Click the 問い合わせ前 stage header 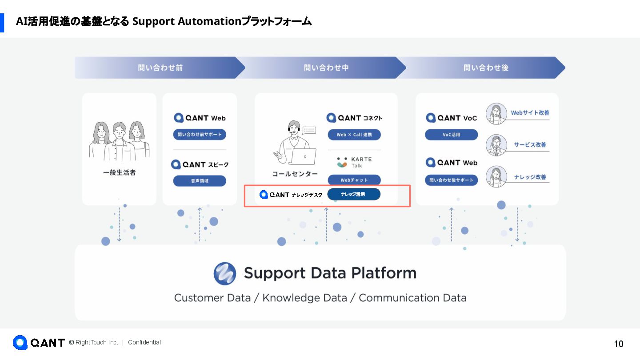click(x=160, y=68)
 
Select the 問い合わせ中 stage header click(x=326, y=68)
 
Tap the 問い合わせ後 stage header click(x=486, y=68)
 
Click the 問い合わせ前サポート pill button click(x=200, y=135)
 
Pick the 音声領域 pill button click(x=200, y=181)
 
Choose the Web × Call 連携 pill click(x=354, y=135)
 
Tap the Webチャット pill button click(x=354, y=180)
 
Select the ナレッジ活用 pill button click(x=354, y=194)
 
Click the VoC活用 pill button click(x=451, y=135)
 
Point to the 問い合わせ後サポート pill click(x=451, y=180)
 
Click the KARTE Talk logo click(x=354, y=162)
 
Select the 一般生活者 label click(x=119, y=172)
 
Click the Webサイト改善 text click(x=530, y=113)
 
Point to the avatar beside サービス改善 click(x=496, y=145)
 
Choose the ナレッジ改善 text click(x=530, y=177)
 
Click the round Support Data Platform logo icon click(x=225, y=273)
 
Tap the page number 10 click(x=618, y=344)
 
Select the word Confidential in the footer click(x=144, y=342)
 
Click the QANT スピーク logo click(x=200, y=164)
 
